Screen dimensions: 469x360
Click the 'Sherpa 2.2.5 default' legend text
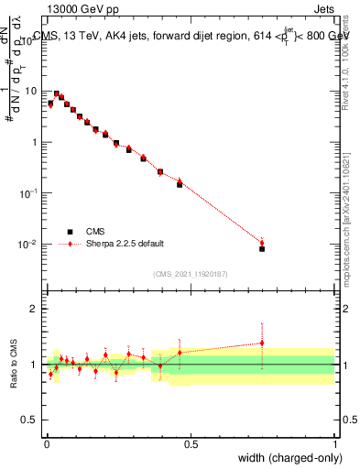pos(125,244)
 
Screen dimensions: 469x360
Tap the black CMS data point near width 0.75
pos(262,248)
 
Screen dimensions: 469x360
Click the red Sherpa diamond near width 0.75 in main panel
pos(262,243)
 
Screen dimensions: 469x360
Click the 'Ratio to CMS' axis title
pos(14,364)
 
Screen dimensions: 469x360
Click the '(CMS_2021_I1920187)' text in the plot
pos(191,273)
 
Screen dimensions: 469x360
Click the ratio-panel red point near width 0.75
pos(262,344)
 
